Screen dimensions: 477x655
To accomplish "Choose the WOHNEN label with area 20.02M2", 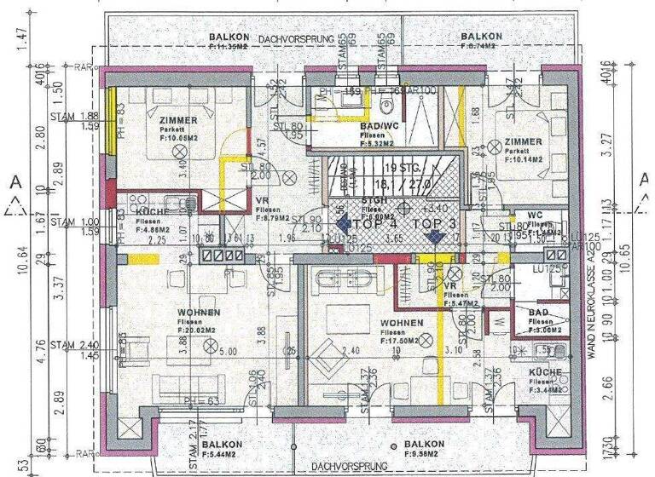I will tap(200, 313).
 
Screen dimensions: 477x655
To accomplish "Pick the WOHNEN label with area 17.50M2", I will tap(402, 324).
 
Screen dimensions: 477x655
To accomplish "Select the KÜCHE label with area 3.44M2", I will tap(544, 372).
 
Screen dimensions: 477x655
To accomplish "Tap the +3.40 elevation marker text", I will tap(438, 207).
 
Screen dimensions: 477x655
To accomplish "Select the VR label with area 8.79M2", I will tap(264, 199).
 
